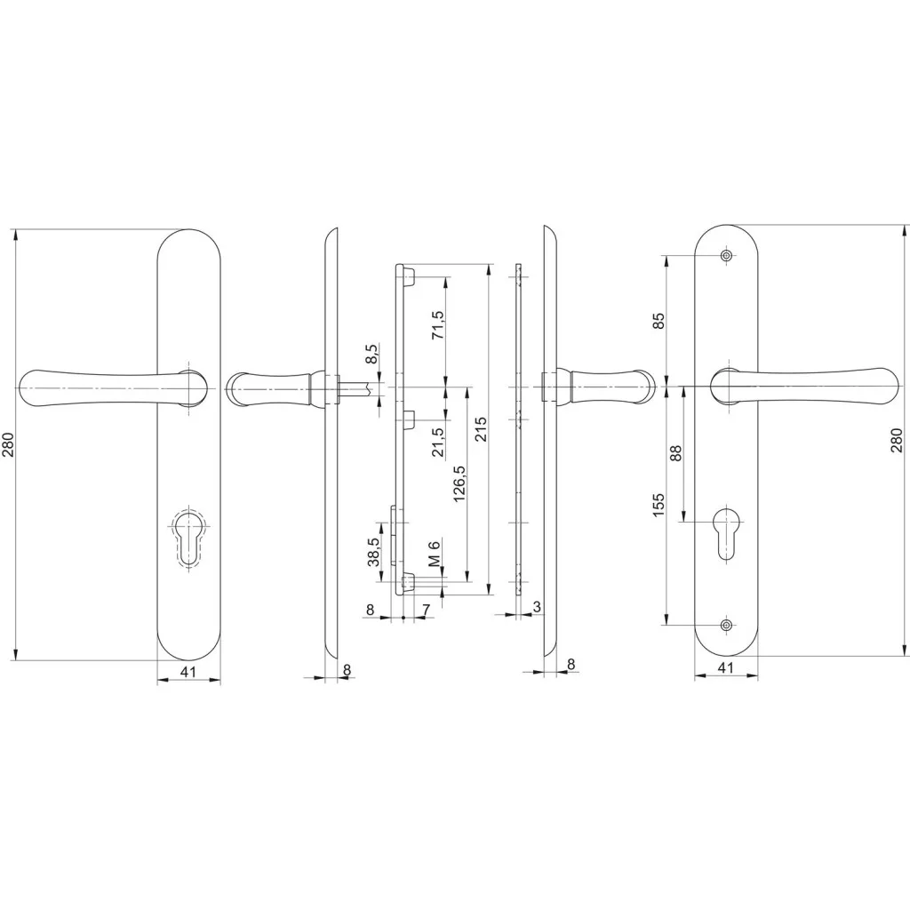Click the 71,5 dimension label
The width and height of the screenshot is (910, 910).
[437, 325]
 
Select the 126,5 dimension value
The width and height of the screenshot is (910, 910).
[459, 483]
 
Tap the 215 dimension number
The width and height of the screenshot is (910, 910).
[481, 429]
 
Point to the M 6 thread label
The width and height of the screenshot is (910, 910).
[435, 552]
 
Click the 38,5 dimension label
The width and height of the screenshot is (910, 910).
[374, 551]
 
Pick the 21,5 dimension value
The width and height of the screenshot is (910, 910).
[437, 442]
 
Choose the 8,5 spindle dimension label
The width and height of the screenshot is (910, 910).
[371, 354]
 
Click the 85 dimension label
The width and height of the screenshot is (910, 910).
[659, 321]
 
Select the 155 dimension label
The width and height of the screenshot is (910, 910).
[659, 506]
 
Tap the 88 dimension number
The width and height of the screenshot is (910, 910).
[675, 452]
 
